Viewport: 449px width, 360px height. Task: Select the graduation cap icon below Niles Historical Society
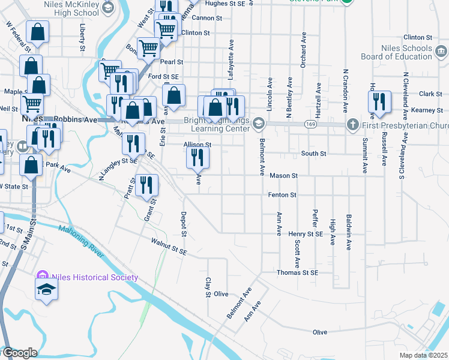coord(45,290)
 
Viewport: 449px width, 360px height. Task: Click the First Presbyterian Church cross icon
coord(352,125)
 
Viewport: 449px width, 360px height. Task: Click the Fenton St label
coord(282,195)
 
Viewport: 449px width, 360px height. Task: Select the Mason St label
coord(283,176)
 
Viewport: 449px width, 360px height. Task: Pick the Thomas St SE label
coord(297,272)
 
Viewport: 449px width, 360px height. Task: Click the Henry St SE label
coord(306,233)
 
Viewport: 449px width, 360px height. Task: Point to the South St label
coord(313,154)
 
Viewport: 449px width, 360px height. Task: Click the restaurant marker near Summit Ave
coord(379,102)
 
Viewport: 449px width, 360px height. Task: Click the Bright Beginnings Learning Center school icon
coord(259,123)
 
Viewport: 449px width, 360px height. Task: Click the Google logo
coord(19,353)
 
